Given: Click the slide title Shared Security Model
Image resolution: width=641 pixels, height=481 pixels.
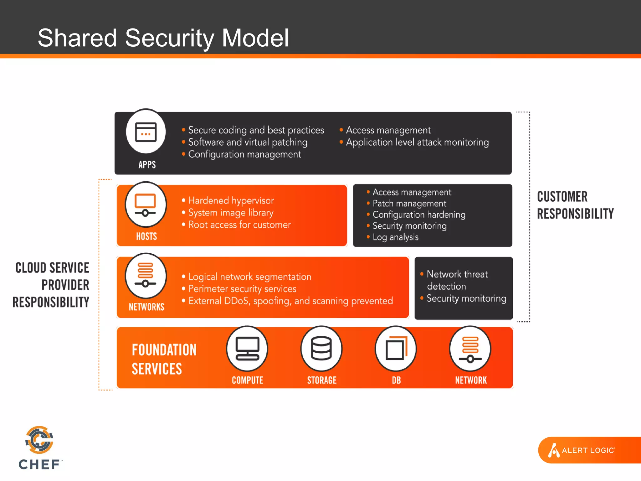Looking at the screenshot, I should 163,38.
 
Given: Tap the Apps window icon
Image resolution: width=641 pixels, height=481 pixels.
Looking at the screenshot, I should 146,132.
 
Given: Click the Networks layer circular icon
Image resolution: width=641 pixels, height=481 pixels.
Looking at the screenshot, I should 146,276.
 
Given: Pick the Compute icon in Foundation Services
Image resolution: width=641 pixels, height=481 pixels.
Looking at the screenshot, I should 247,349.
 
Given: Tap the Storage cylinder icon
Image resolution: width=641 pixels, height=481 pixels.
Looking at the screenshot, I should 321,349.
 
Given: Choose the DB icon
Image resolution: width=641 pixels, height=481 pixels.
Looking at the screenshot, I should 396,349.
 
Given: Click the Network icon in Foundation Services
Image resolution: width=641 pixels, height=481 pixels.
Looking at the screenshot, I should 470,349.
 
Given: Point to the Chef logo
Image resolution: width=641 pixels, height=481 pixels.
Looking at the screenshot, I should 40,448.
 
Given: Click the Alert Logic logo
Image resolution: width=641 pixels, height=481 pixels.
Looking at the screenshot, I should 582,450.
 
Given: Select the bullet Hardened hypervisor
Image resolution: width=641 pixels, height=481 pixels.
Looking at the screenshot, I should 231,200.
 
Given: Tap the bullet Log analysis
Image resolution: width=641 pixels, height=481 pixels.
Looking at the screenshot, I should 395,237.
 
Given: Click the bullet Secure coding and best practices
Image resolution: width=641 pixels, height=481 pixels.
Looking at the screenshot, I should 256,130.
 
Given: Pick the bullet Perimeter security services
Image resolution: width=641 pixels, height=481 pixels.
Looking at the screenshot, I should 242,289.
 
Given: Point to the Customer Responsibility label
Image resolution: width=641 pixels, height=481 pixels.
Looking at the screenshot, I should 575,205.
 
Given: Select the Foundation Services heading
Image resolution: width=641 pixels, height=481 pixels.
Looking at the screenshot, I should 164,359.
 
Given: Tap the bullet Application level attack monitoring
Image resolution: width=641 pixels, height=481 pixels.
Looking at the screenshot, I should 417,142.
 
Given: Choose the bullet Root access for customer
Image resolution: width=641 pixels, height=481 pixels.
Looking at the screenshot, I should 239,225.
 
